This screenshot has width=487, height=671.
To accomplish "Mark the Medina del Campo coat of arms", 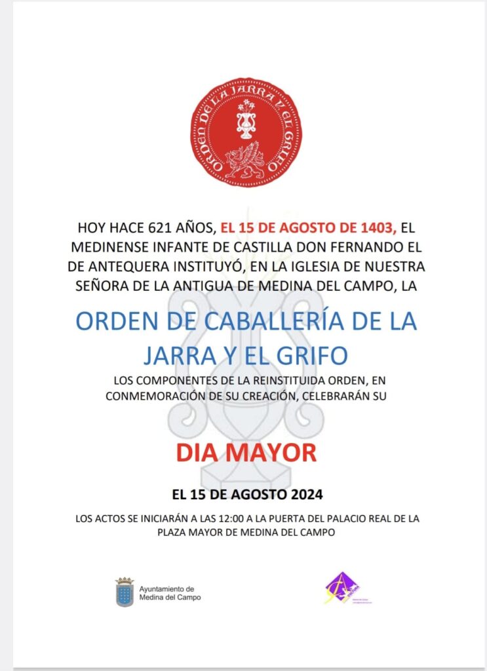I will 125,592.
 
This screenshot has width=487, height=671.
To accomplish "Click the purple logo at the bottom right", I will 341,588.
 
